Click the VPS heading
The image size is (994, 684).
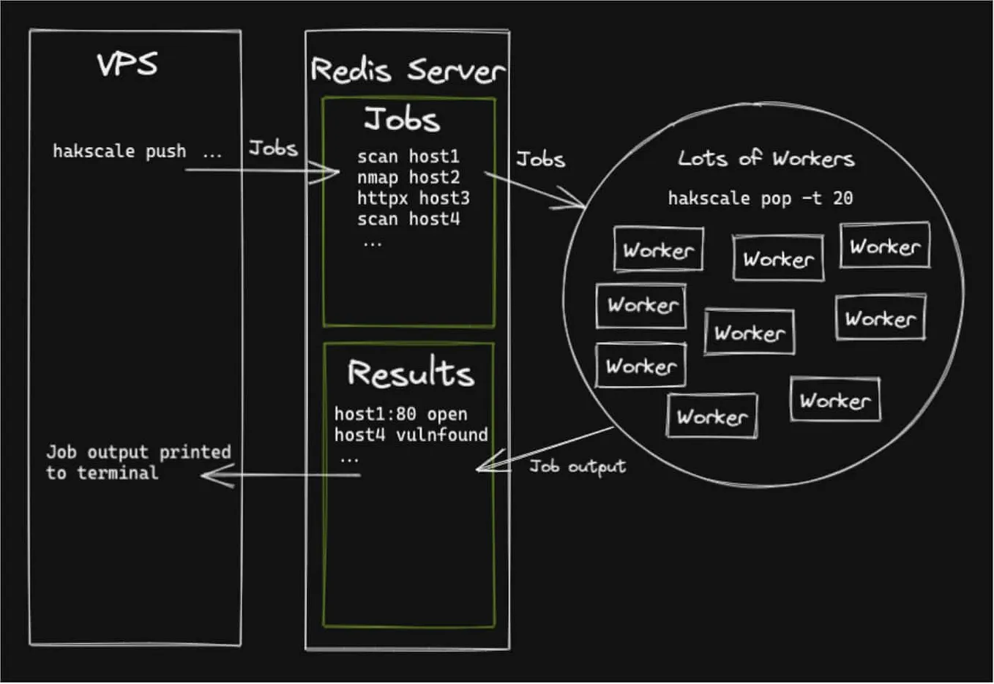[127, 64]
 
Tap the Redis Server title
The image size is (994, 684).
[407, 70]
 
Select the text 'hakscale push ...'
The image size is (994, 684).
[136, 151]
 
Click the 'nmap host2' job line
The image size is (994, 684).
[408, 177]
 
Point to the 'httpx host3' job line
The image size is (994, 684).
[413, 198]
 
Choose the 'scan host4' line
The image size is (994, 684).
[408, 219]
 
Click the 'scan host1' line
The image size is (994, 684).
[408, 157]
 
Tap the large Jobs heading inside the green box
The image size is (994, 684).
[402, 119]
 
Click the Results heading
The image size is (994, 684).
[410, 372]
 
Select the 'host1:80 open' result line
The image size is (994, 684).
[400, 414]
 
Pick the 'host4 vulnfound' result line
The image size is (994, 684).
[411, 435]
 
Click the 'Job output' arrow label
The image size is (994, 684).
[578, 466]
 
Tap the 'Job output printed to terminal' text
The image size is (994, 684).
[138, 462]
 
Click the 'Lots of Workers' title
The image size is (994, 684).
[766, 158]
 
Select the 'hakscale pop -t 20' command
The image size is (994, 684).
[760, 198]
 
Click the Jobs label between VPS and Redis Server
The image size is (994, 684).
[273, 149]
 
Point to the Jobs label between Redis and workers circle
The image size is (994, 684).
[540, 159]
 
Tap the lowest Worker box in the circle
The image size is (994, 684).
[711, 416]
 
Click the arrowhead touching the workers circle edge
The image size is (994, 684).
[575, 200]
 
